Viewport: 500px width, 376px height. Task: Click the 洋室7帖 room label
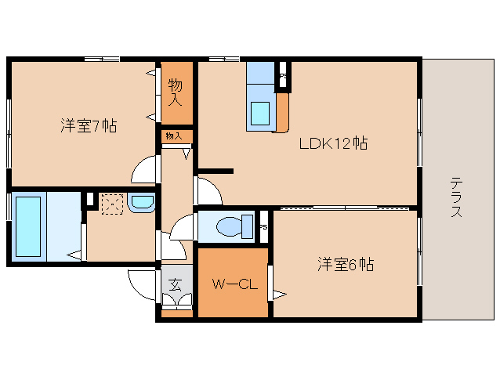(89, 126)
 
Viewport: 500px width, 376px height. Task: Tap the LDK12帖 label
(332, 143)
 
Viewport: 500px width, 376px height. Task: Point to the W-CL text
(232, 284)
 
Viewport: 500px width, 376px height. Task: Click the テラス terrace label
(456, 197)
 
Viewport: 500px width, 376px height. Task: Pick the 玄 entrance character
(176, 285)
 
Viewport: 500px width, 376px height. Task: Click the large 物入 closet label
(176, 92)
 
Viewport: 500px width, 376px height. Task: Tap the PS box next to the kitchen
(284, 77)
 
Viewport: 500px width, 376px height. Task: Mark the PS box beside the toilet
(264, 227)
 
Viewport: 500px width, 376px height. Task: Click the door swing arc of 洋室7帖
(144, 170)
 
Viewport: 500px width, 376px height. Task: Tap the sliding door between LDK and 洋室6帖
(345, 208)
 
